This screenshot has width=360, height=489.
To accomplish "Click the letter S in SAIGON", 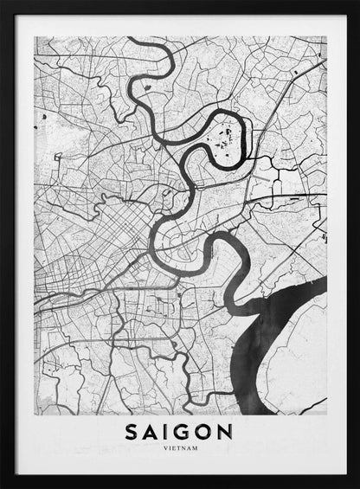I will point(132,432).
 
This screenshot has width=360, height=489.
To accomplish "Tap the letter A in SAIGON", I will point(152,432).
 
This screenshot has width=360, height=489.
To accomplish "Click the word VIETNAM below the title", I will point(181,449).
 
